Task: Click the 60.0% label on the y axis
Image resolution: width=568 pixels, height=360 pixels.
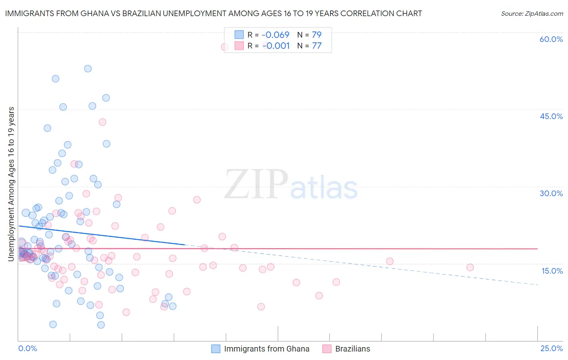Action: [551, 39]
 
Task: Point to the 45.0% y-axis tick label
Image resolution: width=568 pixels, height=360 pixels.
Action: [551, 116]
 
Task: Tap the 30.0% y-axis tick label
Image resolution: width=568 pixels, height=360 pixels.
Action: [551, 193]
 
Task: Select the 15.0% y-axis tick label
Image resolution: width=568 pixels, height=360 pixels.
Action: [552, 271]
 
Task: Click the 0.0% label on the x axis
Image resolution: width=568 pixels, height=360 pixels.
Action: [27, 348]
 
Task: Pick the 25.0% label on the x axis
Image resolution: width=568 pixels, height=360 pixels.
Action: [551, 348]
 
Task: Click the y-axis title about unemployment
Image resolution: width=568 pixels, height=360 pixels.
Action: [11, 184]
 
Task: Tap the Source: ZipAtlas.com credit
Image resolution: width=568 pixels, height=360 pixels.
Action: [532, 13]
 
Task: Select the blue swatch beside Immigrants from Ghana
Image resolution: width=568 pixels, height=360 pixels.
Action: [216, 349]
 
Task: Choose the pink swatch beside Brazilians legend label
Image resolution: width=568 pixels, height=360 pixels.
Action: [327, 349]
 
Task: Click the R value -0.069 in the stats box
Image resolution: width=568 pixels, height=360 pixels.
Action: [276, 35]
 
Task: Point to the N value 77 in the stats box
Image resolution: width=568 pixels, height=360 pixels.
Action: [317, 46]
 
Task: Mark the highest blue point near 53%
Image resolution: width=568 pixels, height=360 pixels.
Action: [88, 69]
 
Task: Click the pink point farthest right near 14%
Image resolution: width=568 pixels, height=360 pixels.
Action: [470, 267]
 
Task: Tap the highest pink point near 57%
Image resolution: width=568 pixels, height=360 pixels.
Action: [225, 47]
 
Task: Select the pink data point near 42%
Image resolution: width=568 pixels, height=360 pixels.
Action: [102, 122]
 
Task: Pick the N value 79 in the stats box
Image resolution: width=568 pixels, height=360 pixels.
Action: [317, 35]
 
